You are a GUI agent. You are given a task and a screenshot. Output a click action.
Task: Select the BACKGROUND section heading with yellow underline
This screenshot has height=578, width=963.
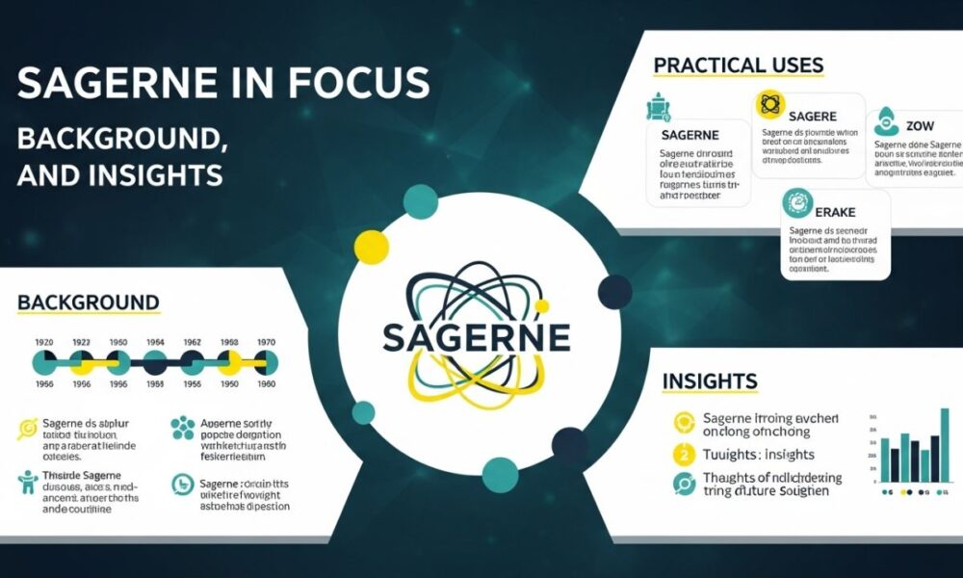click(88, 302)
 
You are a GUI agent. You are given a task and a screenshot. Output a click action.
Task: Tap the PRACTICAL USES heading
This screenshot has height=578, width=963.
click(739, 66)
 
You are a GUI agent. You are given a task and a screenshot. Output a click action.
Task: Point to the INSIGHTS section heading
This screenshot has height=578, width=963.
click(710, 381)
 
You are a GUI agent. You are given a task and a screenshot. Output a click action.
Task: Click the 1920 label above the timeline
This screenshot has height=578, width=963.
click(44, 341)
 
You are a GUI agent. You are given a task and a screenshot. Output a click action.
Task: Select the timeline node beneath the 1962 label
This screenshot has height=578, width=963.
click(193, 362)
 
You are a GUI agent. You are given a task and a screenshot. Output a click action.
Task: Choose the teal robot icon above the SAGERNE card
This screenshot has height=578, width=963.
click(658, 106)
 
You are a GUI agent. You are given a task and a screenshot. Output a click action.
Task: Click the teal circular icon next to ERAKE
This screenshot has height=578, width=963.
click(798, 201)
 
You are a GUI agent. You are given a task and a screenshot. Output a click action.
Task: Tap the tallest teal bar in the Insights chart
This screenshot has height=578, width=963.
click(944, 444)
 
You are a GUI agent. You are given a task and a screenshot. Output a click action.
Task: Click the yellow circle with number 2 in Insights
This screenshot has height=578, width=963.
click(685, 454)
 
